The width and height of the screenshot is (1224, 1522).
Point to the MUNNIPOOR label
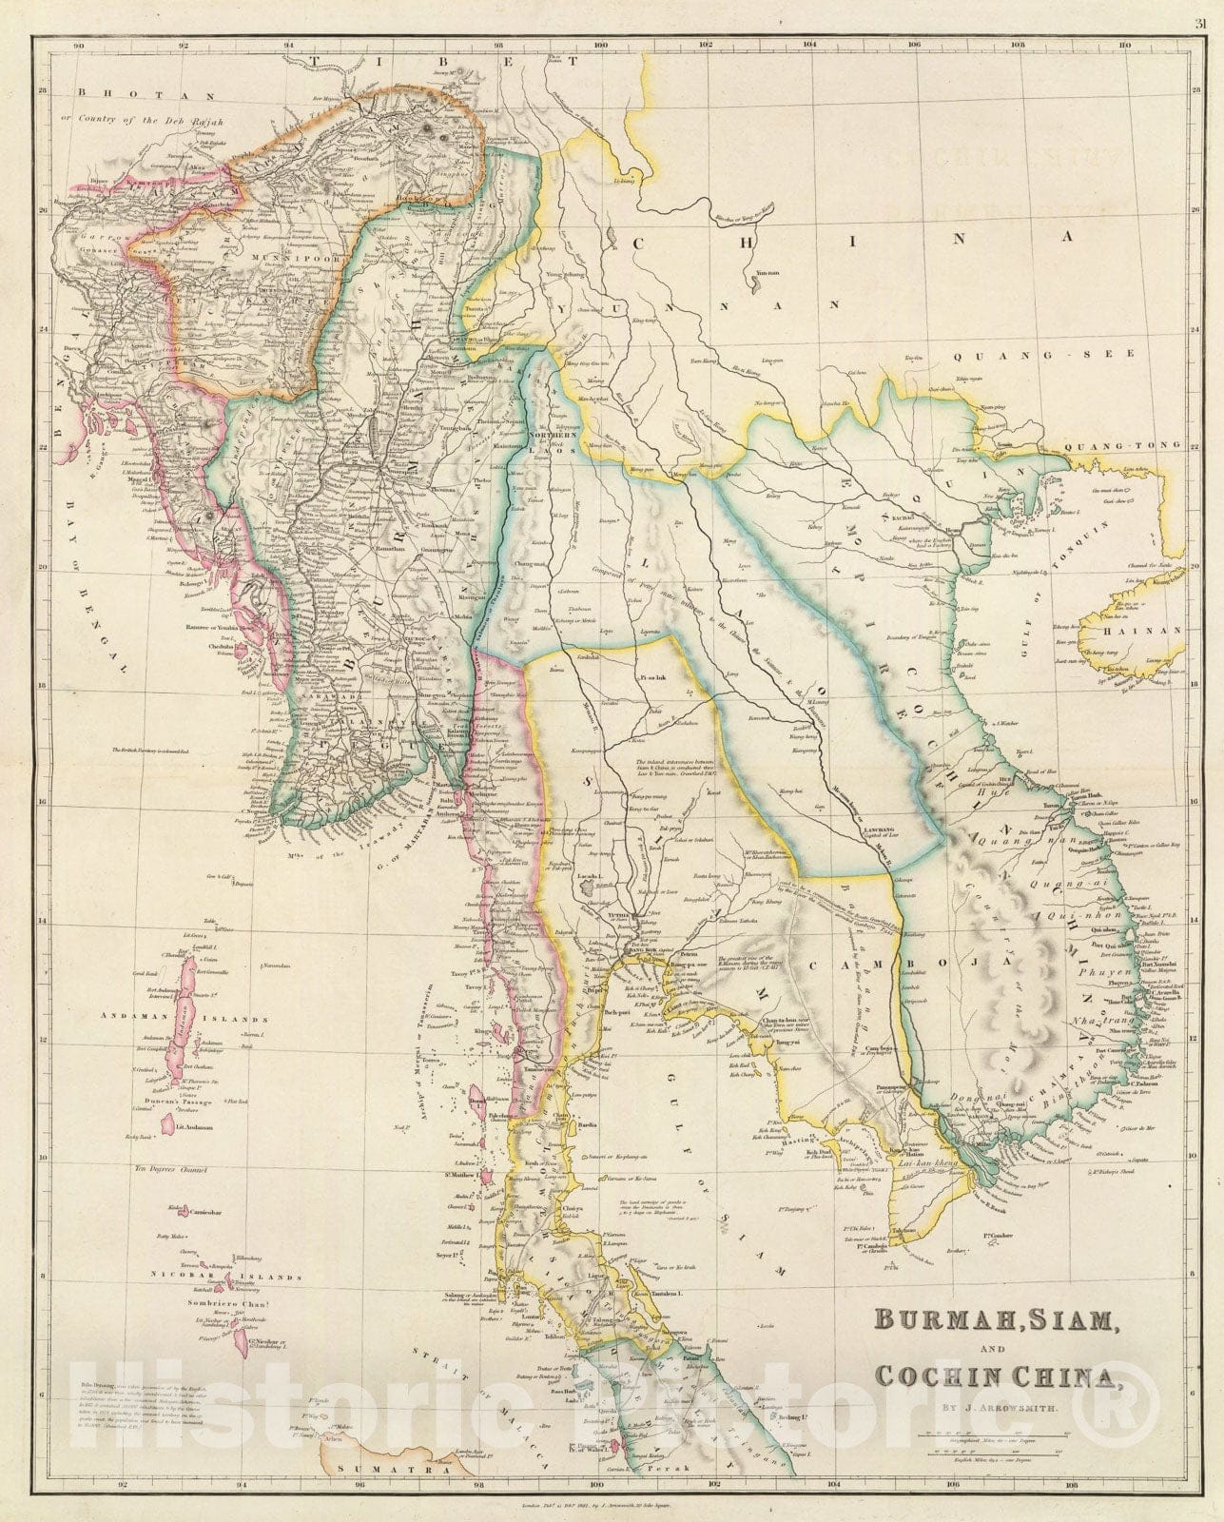click(278, 257)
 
